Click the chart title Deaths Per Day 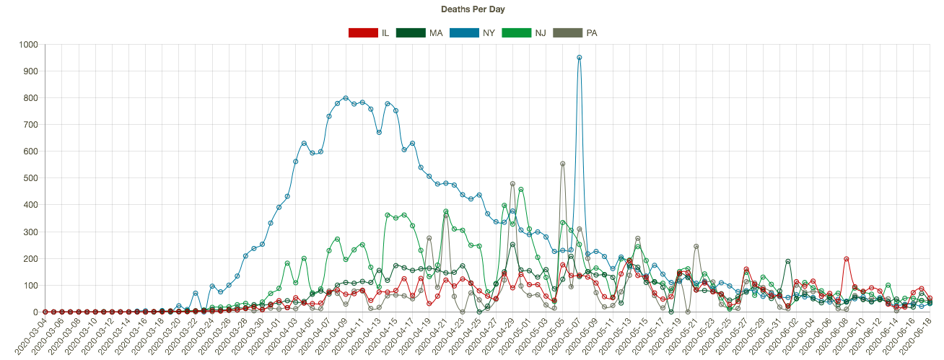(472, 9)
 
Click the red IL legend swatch (363, 32)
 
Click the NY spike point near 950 (580, 58)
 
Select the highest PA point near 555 (563, 164)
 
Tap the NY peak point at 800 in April (346, 98)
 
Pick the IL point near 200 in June (847, 259)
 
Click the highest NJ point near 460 (521, 190)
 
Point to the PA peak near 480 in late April (512, 184)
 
